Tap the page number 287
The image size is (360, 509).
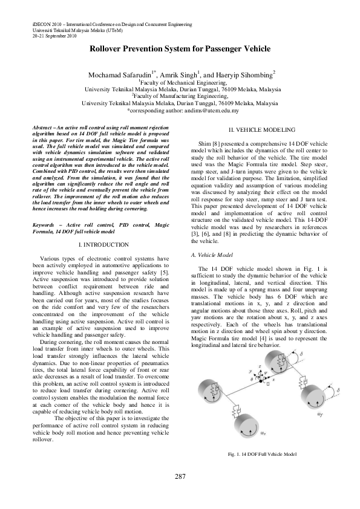click(180, 477)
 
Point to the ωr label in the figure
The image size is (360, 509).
click(263, 433)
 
